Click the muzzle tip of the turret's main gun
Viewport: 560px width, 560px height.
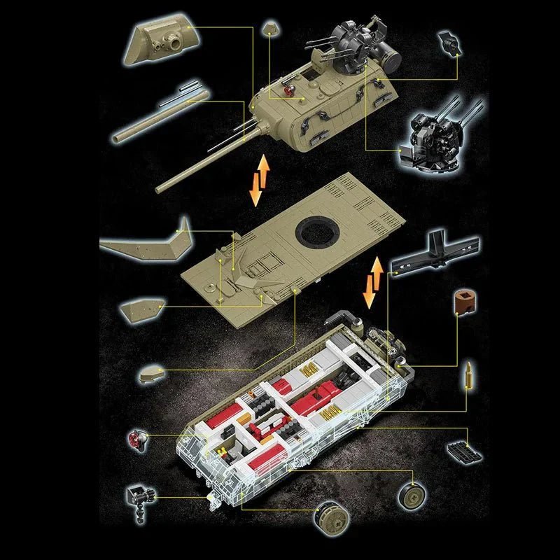click(x=159, y=188)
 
